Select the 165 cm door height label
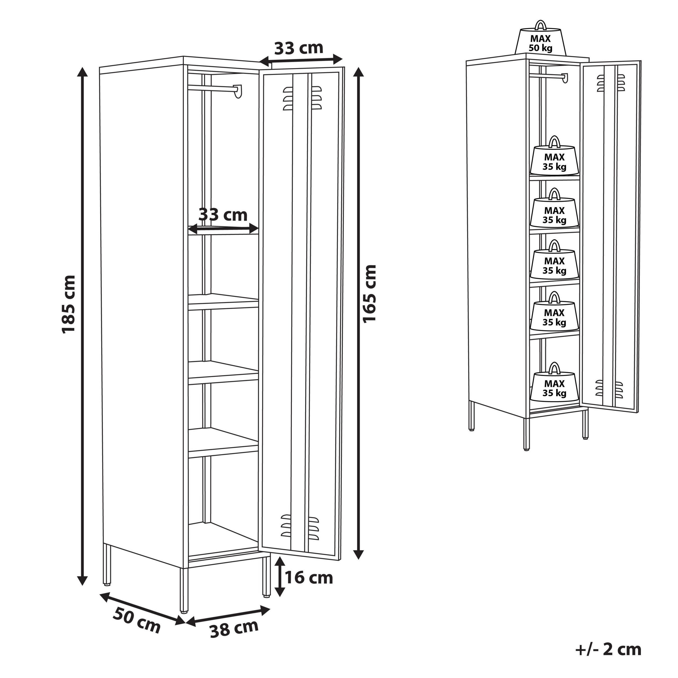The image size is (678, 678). pos(369,293)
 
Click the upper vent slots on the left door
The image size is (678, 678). pos(302,98)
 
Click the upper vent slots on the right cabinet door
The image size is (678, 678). pos(611,83)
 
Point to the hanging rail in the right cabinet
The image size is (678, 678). pos(547,76)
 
